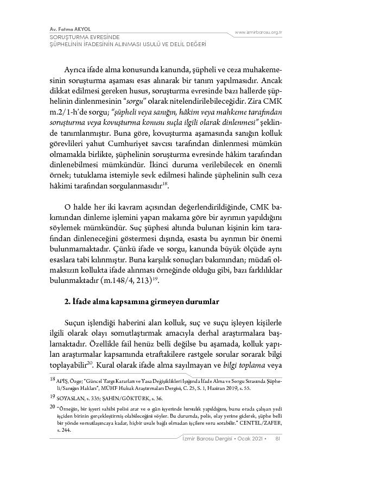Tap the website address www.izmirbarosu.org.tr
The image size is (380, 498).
258,33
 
